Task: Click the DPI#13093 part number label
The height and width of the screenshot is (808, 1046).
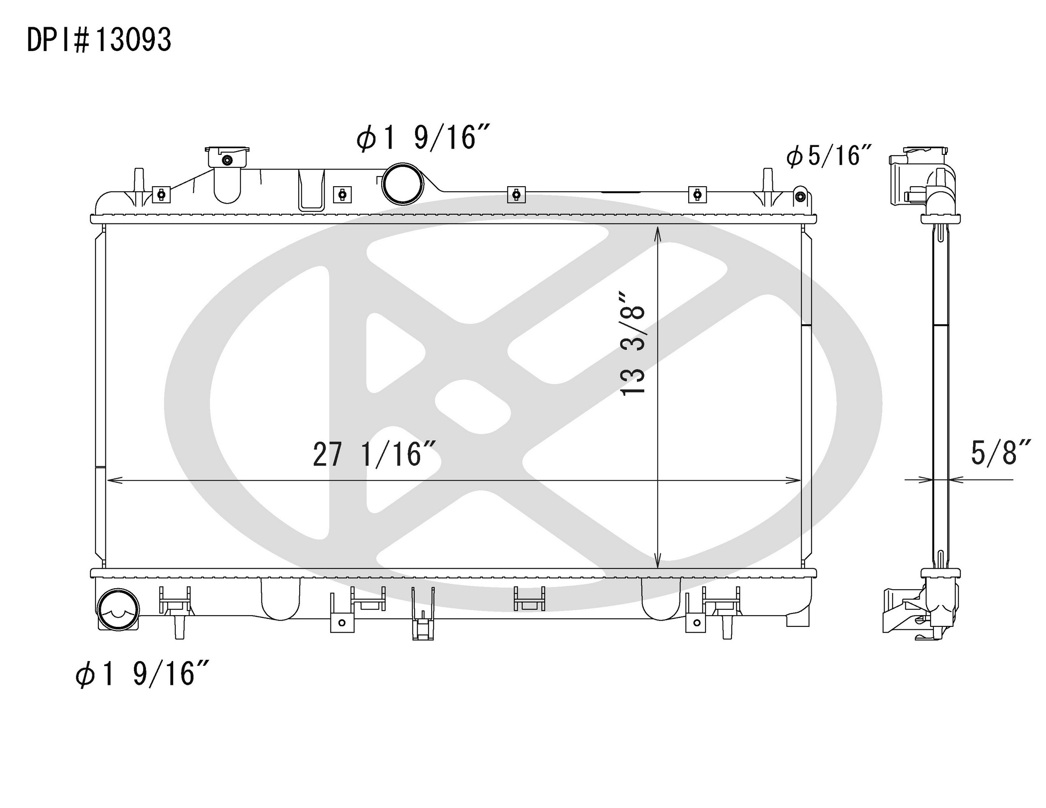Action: click(99, 40)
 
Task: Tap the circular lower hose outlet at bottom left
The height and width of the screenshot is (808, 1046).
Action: click(117, 609)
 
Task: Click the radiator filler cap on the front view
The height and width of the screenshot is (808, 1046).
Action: click(228, 158)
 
